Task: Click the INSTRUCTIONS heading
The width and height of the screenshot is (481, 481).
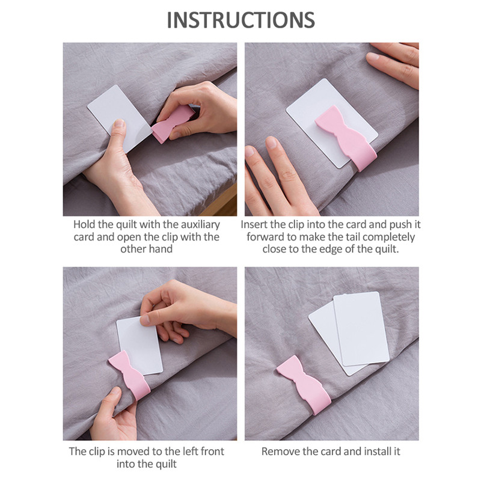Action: pos(241,20)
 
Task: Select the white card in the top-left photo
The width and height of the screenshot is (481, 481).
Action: pos(120,118)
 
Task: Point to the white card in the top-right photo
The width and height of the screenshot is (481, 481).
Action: pos(332,123)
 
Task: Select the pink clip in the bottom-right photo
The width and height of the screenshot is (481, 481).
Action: pos(304,385)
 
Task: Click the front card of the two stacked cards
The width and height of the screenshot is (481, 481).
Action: pos(361,328)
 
